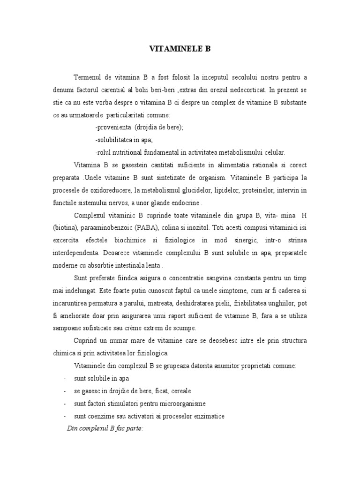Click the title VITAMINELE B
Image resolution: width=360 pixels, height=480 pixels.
point(180,48)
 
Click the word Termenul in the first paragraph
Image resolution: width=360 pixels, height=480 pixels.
point(88,76)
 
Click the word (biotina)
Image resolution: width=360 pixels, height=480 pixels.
point(65,228)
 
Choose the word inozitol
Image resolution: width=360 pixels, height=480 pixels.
point(195,228)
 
